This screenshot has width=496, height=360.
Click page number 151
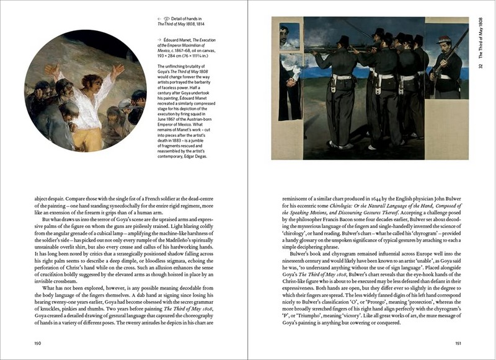tap(458, 341)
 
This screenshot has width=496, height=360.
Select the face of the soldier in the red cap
tap(443, 49)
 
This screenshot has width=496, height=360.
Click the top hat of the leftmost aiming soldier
tap(343, 40)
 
